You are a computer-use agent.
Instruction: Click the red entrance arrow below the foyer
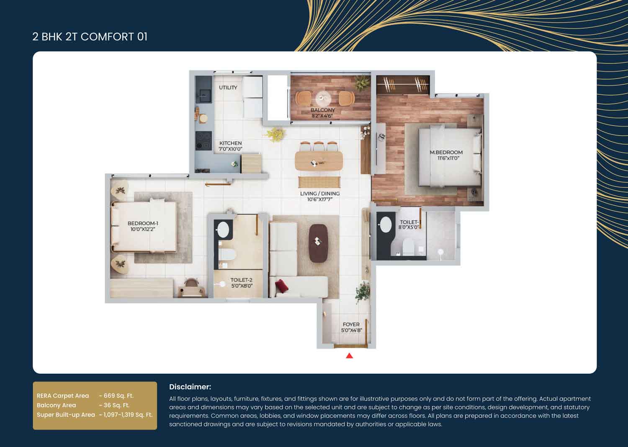click(349, 356)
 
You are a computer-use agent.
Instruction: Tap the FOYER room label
click(351, 325)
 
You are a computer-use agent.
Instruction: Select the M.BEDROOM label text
click(446, 152)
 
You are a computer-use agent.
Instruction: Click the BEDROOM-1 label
click(143, 224)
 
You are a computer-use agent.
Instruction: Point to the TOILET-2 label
click(241, 280)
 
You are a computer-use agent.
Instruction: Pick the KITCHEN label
click(230, 143)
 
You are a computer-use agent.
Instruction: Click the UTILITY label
click(228, 88)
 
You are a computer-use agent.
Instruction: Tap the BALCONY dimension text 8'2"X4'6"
click(322, 116)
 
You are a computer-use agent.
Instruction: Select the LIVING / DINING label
click(320, 194)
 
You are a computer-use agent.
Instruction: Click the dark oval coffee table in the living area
click(318, 243)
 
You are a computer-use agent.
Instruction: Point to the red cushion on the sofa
click(282, 286)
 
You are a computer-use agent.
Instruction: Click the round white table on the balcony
click(323, 98)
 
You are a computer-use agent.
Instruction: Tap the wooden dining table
click(319, 161)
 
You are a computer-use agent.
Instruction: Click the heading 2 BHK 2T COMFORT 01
click(90, 37)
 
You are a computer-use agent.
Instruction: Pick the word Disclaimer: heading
click(190, 387)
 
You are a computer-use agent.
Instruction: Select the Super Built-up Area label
click(66, 415)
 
